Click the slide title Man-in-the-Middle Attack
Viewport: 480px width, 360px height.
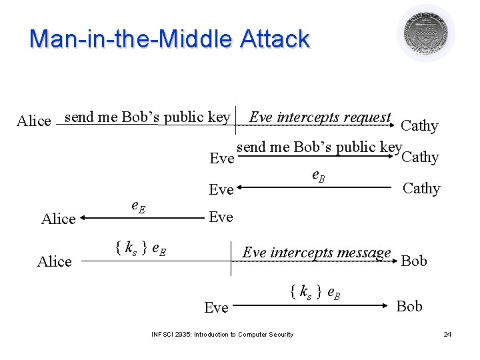point(169,39)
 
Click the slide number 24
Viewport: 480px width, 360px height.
point(447,334)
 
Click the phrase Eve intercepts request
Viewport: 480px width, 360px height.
point(319,117)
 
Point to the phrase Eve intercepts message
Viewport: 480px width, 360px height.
point(317,253)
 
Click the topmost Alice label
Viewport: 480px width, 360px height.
point(34,121)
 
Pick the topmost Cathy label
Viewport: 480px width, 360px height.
point(419,126)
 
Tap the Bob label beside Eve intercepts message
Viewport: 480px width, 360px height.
point(414,261)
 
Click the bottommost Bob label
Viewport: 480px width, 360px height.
point(409,306)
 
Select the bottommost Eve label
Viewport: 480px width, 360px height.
point(216,307)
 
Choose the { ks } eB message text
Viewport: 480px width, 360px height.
point(316,291)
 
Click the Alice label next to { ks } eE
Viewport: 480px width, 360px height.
point(55,261)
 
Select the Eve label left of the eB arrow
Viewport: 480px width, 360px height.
point(221,190)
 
